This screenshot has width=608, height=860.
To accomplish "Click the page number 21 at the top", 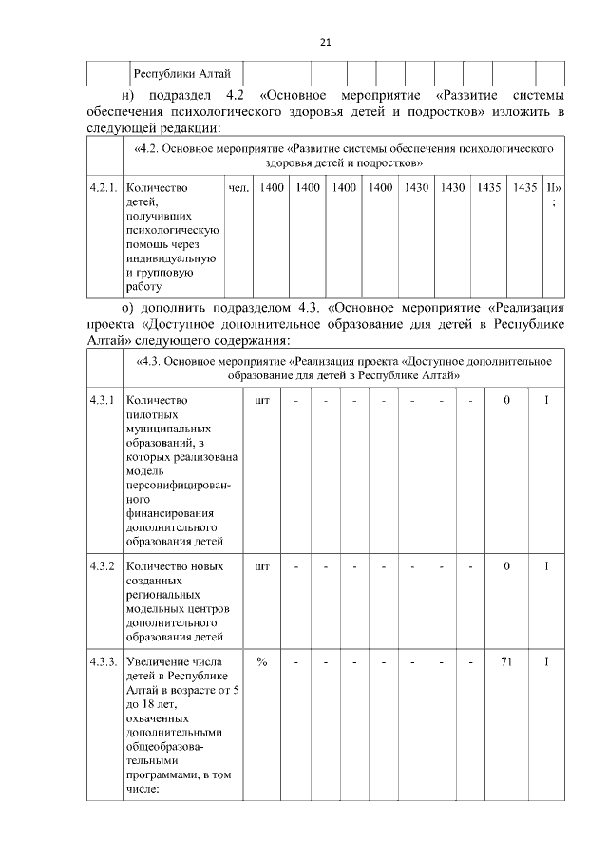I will pos(324,42).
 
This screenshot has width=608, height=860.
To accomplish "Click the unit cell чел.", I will pos(239,188).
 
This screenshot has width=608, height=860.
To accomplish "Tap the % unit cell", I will pos(261,661).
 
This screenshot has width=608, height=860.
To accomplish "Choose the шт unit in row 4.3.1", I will pos(262,400).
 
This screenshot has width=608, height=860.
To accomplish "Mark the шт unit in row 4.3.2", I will pos(262,566).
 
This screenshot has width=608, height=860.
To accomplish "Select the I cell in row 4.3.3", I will pos(546,661).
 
